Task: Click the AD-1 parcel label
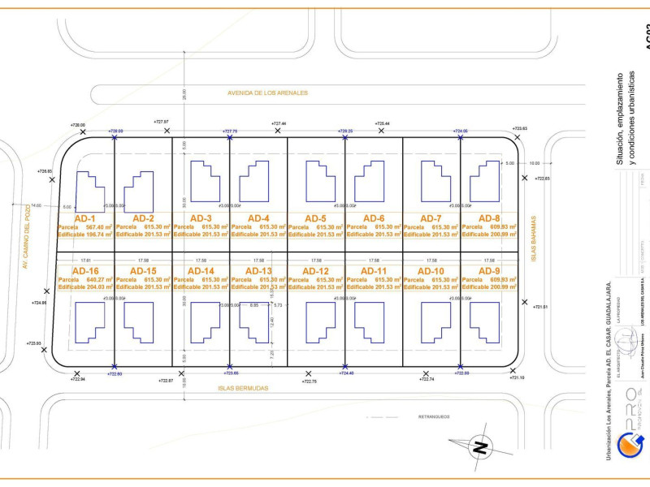[x=84, y=218]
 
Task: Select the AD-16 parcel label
[x=85, y=271]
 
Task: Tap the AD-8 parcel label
[x=489, y=218]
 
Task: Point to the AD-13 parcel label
[x=258, y=271]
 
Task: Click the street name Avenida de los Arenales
[x=267, y=93]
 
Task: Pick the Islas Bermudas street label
[x=242, y=388]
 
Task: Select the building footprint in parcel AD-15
[x=138, y=321]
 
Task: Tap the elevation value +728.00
[x=78, y=125]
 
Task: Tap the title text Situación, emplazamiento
[x=618, y=118]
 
